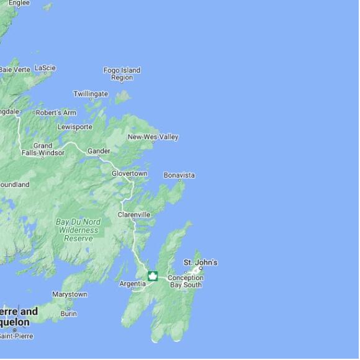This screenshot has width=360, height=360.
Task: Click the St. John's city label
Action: coord(200,263)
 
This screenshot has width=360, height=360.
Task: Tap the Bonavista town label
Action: coord(179,175)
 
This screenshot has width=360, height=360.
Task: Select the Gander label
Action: coord(99,151)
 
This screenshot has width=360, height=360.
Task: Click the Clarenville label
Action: coord(134,215)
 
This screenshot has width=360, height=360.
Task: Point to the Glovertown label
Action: coord(130,173)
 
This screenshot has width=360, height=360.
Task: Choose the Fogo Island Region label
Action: coord(122,74)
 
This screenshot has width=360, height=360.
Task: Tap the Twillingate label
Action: coord(91,94)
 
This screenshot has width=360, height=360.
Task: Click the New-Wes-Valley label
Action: coord(153,137)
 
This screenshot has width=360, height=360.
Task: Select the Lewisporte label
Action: coord(74,127)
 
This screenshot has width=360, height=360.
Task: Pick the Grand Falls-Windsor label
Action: coord(43,149)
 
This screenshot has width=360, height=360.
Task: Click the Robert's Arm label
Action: coord(56,112)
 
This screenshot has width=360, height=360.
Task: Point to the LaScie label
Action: coord(45,68)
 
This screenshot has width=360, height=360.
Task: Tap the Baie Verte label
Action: coord(14,70)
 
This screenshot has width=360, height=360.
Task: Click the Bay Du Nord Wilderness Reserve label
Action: coord(78,230)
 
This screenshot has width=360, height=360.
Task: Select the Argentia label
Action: coord(133,284)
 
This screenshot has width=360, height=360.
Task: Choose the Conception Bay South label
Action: coord(185,281)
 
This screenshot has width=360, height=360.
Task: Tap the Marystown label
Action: coord(70,294)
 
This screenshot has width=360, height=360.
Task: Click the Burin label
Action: coord(68,314)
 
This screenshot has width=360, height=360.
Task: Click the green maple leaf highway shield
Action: coord(152,276)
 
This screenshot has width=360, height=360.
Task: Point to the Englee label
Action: coord(19,3)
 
